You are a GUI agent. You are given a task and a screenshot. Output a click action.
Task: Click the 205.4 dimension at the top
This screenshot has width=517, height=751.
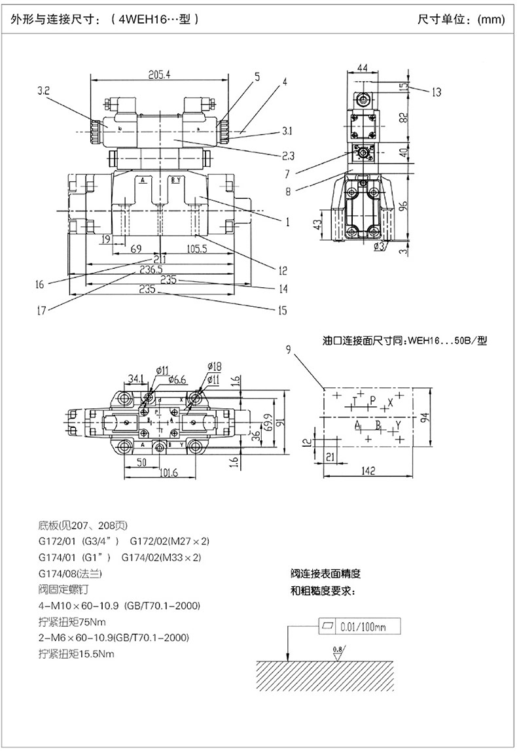click(159, 75)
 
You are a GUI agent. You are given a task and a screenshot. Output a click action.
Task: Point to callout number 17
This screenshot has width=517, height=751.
click(41, 311)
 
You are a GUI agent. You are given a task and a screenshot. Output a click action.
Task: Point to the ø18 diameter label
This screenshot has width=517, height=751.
click(213, 365)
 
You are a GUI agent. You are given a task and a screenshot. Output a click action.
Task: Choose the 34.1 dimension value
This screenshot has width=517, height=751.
click(136, 377)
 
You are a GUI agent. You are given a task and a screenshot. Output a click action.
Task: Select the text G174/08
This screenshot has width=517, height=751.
click(58, 574)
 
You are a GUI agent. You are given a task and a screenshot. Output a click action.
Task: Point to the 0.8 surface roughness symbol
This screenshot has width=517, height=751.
click(338, 649)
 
